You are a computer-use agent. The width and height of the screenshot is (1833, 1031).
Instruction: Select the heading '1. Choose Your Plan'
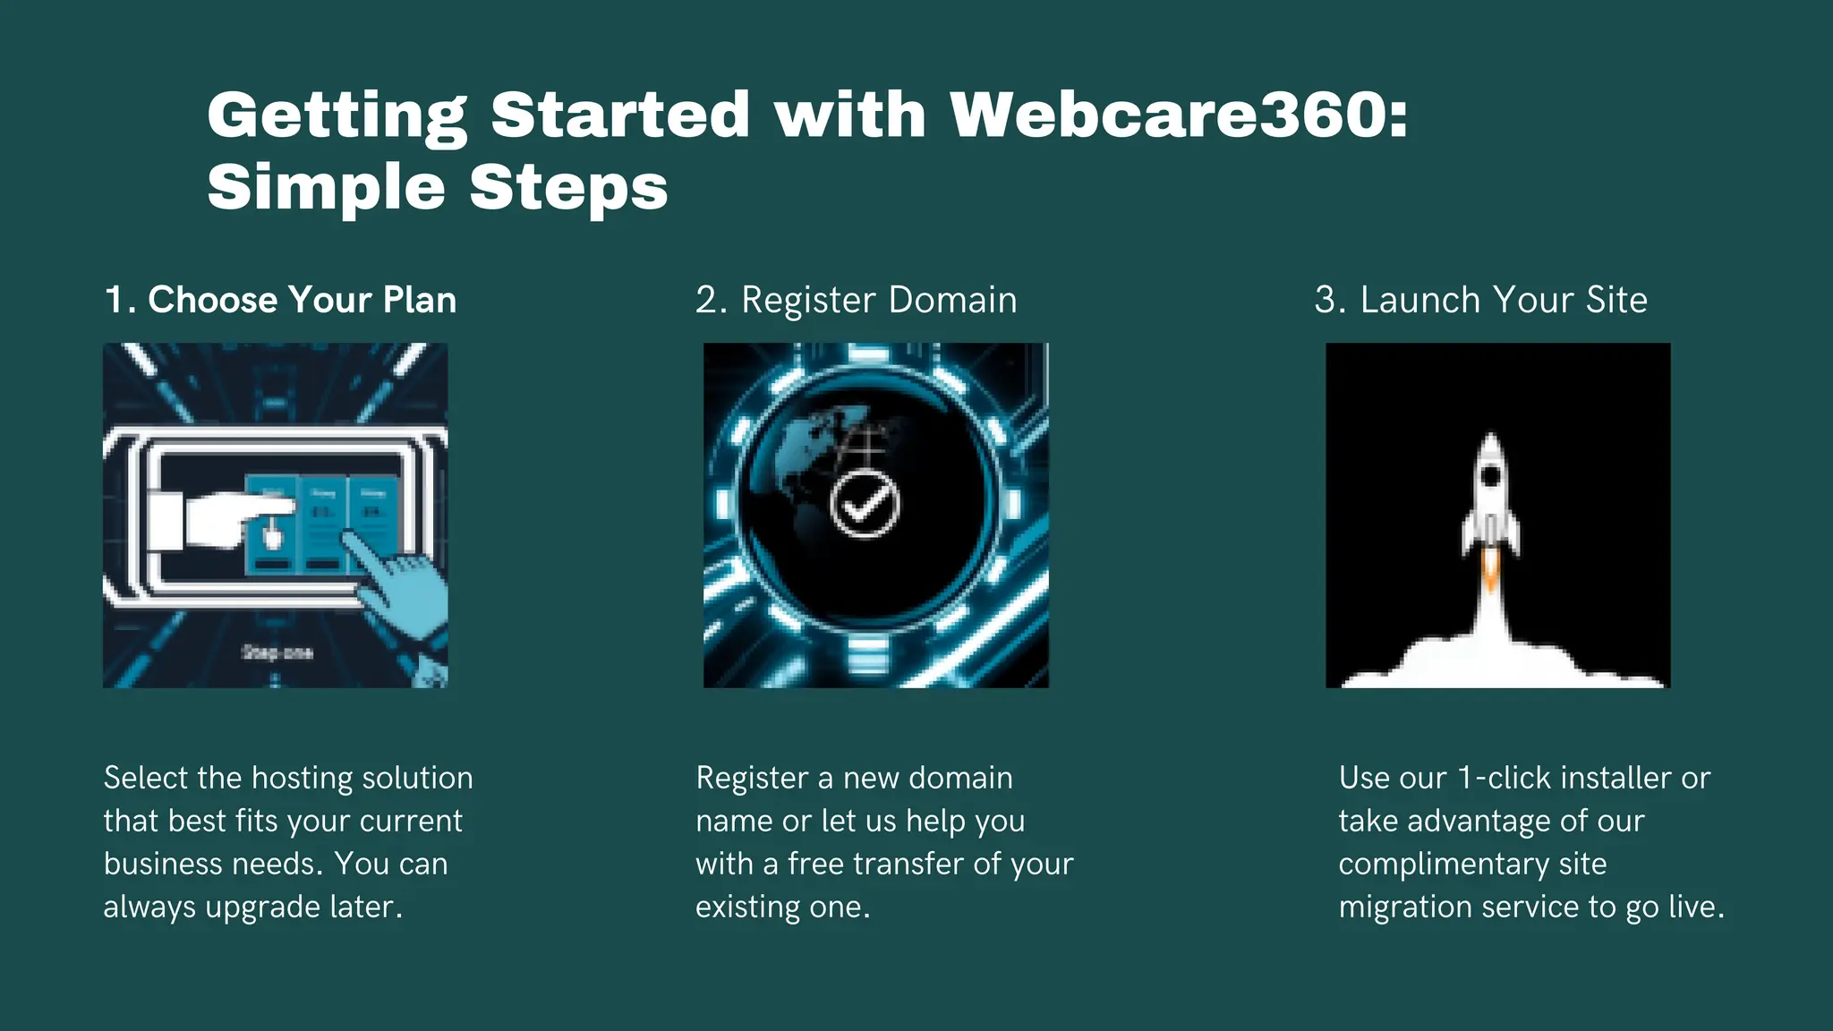[x=280, y=300]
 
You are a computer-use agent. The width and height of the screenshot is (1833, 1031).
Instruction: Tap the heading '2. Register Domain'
[x=856, y=300]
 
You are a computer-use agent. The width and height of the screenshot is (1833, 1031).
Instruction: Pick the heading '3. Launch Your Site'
[x=1480, y=300]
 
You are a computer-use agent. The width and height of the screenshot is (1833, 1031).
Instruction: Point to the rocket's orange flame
[x=1490, y=570]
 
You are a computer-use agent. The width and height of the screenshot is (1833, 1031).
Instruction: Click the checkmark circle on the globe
[x=865, y=505]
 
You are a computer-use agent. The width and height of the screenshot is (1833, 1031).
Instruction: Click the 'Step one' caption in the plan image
[x=277, y=652]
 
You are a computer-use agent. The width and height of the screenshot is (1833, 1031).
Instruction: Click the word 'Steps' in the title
[x=568, y=188]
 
